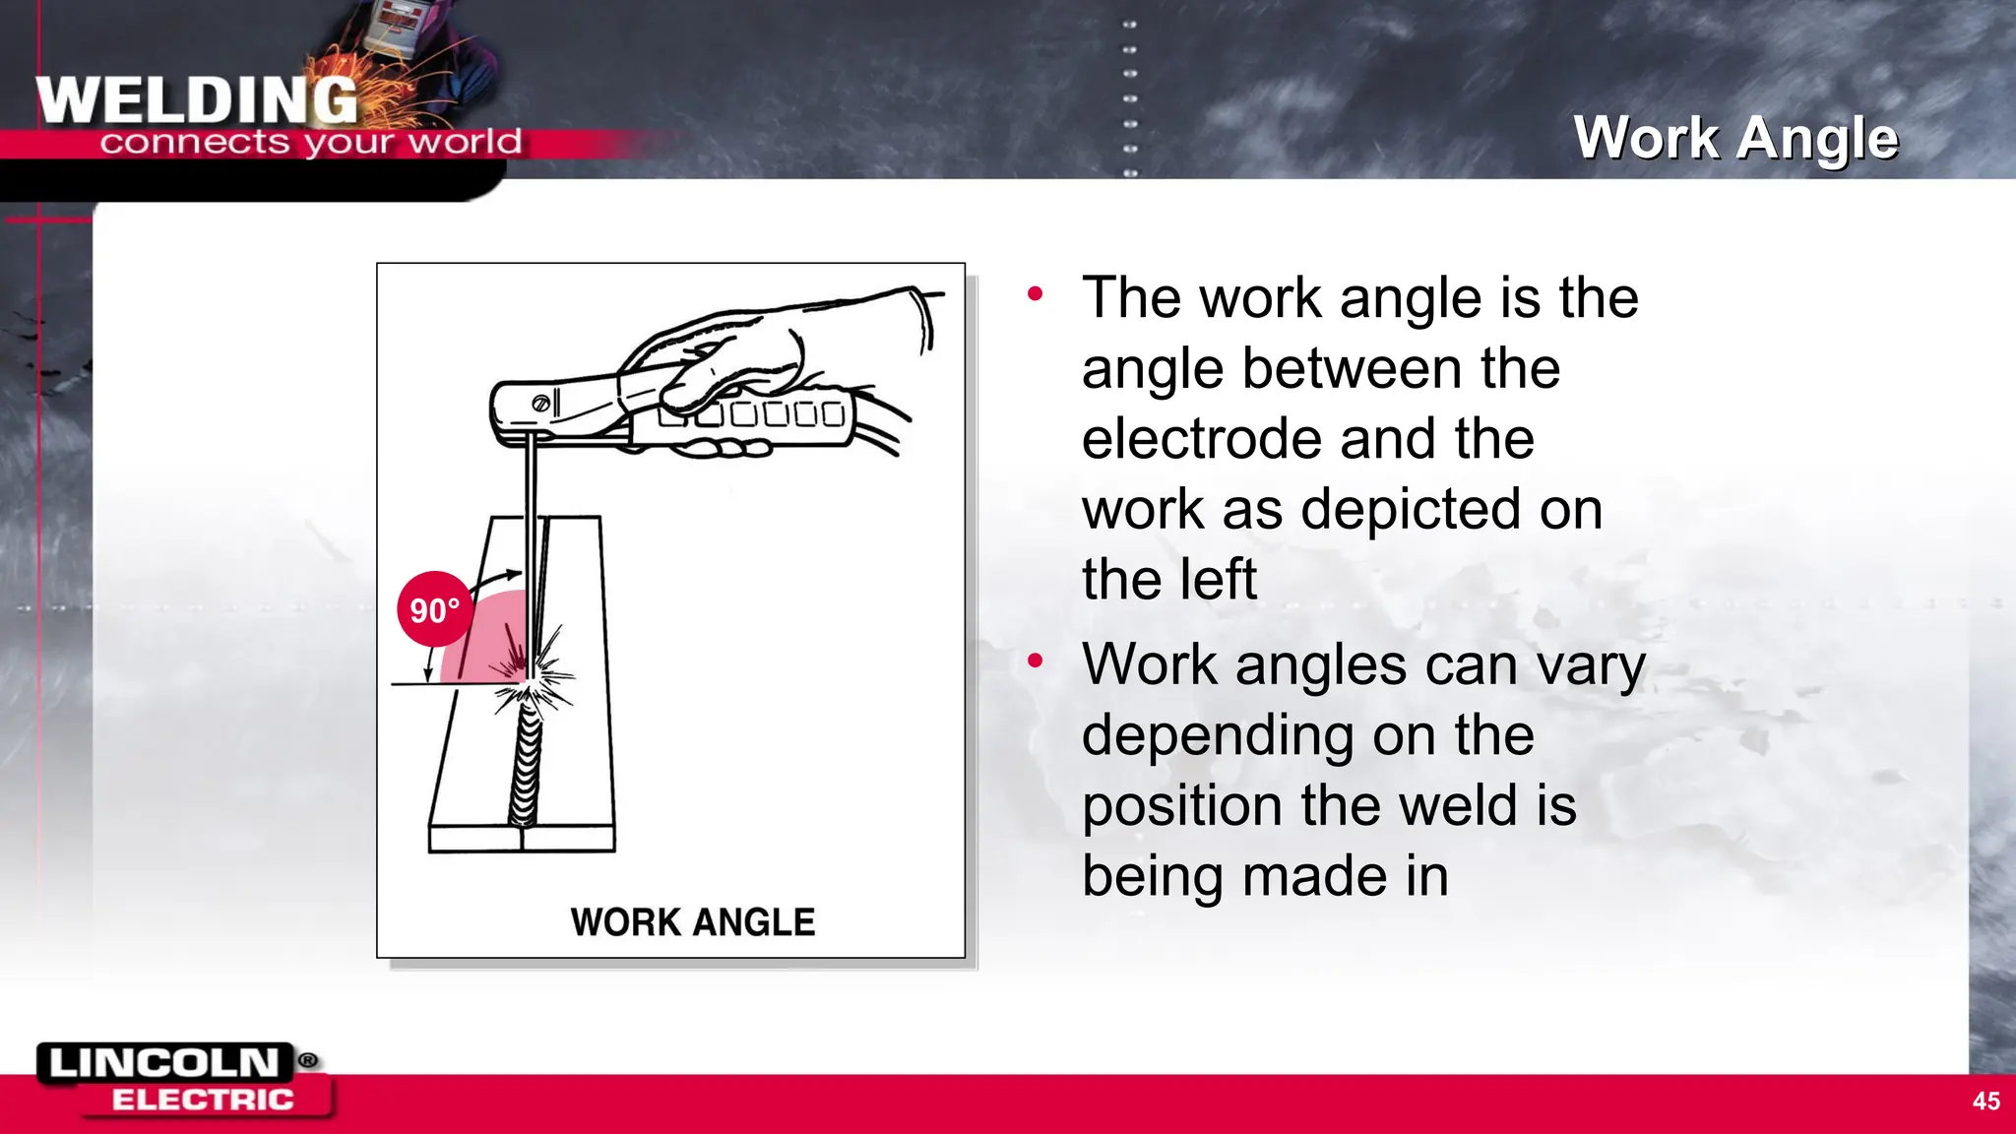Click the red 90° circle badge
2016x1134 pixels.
434,609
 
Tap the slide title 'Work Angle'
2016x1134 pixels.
1735,138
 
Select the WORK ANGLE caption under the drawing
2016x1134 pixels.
692,922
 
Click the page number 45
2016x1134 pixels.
1985,1101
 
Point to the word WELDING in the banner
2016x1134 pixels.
197,100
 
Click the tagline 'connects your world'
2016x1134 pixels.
310,143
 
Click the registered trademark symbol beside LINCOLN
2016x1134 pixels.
308,1060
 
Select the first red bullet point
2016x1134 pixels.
1035,293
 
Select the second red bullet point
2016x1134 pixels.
1035,661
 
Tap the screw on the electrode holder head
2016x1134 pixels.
540,404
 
